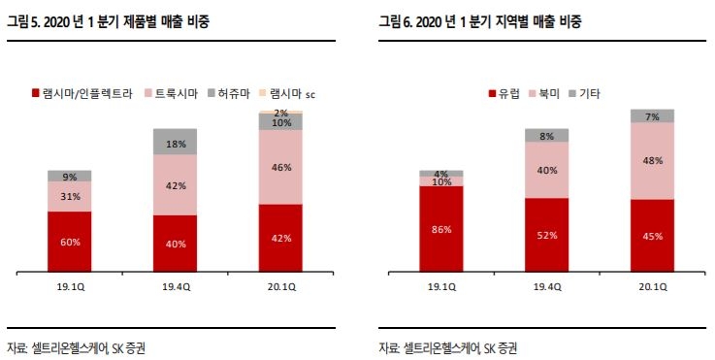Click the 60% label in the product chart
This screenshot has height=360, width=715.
[x=69, y=242]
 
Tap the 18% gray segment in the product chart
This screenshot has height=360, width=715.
[x=176, y=143]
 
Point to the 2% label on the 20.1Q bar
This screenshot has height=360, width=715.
[x=281, y=113]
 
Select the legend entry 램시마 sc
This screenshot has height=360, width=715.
[x=292, y=93]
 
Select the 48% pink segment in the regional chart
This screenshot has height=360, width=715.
[x=652, y=161]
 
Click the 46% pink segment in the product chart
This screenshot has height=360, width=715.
[x=281, y=167]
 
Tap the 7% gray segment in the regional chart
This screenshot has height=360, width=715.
[x=652, y=115]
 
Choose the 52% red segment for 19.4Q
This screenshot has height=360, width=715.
[x=547, y=236]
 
